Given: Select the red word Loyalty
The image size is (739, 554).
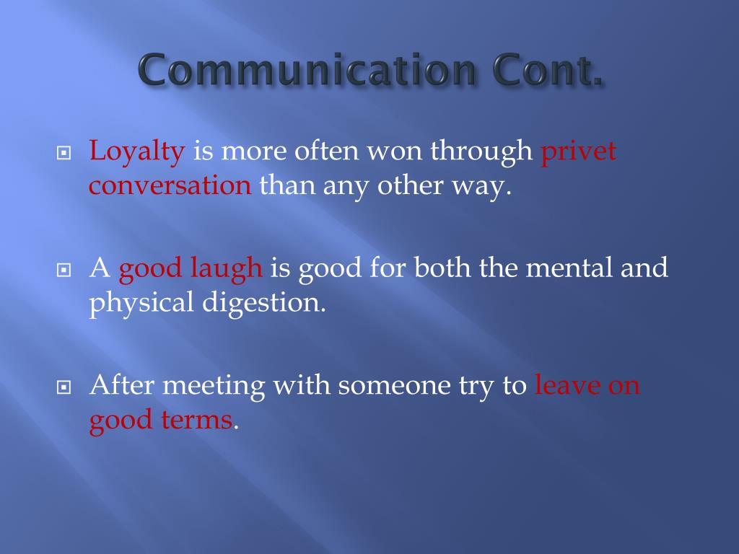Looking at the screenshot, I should tap(138, 152).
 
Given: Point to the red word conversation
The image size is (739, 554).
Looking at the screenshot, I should tap(170, 185).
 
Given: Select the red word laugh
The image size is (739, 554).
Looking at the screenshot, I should tap(227, 268).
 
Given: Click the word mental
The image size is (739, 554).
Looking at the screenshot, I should tap(571, 268).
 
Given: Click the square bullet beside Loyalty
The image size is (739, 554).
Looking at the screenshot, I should tap(64, 154).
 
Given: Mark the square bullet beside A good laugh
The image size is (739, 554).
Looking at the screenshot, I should tap(64, 270).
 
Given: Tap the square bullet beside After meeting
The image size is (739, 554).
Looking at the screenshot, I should tap(64, 387).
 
